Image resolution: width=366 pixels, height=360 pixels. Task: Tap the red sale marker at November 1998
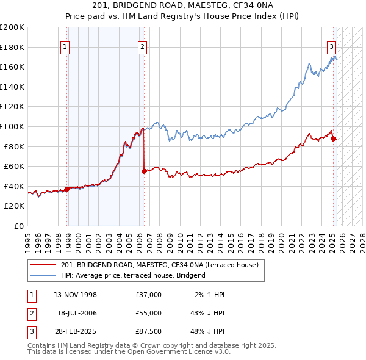click(66, 189)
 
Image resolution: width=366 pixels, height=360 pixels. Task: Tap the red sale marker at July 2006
click(144, 171)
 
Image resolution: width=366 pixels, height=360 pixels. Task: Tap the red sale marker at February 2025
click(334, 139)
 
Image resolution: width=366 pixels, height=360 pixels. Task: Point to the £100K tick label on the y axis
click(12, 126)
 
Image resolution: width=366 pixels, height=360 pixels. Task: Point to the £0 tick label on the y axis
click(19, 226)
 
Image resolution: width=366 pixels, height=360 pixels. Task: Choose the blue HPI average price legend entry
click(133, 275)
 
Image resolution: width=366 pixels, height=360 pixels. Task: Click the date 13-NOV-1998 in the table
click(76, 295)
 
